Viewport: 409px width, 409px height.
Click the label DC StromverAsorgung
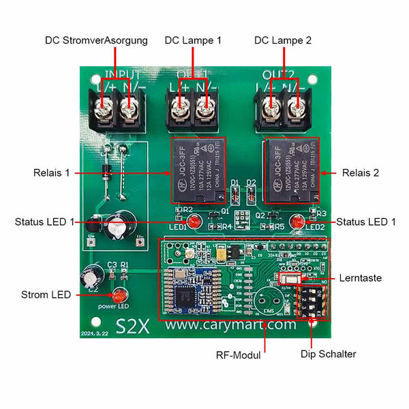tap(96, 41)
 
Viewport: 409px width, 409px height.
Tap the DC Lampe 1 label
tap(193, 41)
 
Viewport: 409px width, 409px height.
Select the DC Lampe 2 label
tap(283, 41)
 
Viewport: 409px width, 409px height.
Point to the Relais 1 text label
tap(51, 173)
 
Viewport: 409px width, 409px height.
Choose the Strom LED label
tap(46, 295)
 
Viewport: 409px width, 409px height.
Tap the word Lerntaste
tap(360, 278)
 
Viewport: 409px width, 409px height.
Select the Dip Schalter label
tap(329, 354)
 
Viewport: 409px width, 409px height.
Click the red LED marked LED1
tap(193, 222)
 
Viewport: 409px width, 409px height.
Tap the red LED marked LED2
tap(298, 222)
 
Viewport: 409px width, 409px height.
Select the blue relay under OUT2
tap(291, 170)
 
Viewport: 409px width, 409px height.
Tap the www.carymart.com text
tap(231, 325)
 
